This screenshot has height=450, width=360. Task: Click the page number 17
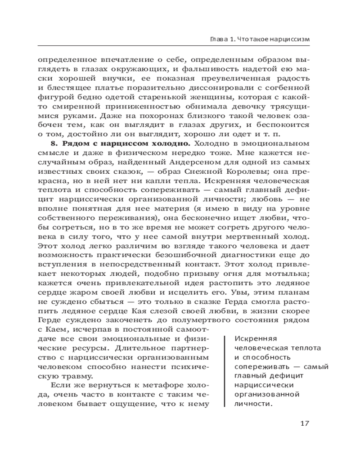[x=304, y=424]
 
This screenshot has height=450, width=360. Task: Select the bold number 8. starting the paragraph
[x=56, y=144]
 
